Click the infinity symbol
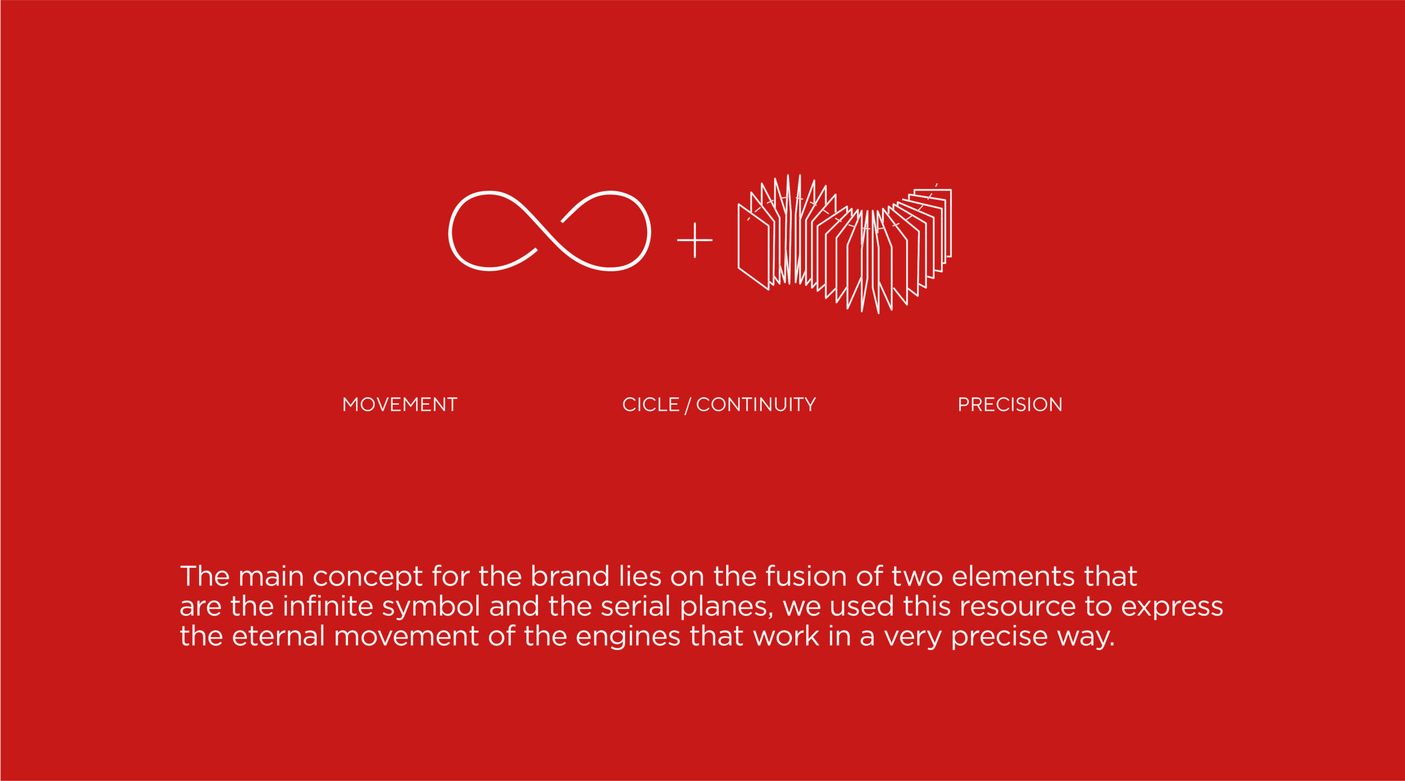coord(549,231)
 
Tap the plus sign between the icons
coord(695,240)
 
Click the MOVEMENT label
coord(400,405)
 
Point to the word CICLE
coord(651,405)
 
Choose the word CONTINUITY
coord(756,405)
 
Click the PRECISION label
coord(1010,405)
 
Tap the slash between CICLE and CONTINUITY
coord(688,405)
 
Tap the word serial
coord(636,606)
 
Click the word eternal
coord(278,636)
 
